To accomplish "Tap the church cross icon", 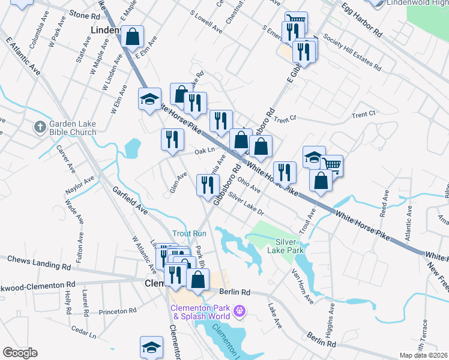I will [x=40, y=127].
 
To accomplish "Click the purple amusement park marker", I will [x=240, y=311].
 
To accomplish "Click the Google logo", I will [x=20, y=353].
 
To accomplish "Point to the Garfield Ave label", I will [x=130, y=200].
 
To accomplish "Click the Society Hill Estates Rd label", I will [x=352, y=51].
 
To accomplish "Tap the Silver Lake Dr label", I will [x=246, y=206].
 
